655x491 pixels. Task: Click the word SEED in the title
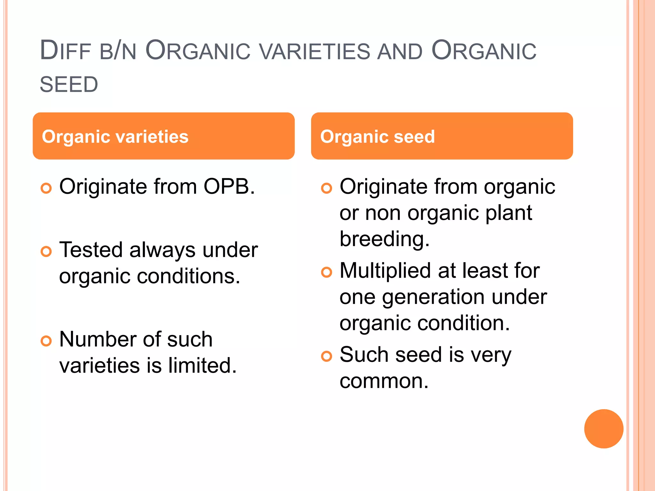click(69, 85)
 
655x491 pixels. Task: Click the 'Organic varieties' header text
click(115, 137)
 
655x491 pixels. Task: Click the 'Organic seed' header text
click(377, 137)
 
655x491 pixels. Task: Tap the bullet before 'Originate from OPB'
click(46, 188)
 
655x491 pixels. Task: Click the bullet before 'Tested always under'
click(46, 251)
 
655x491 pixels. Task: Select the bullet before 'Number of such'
click(46, 341)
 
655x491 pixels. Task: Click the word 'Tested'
click(91, 250)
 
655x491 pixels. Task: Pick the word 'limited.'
click(202, 366)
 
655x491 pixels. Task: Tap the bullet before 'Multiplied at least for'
click(327, 272)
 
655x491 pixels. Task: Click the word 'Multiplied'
click(385, 271)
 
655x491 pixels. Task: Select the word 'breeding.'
click(384, 239)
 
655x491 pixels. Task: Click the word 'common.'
click(384, 381)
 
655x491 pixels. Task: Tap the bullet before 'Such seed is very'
click(327, 356)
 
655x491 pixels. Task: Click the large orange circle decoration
click(604, 429)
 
